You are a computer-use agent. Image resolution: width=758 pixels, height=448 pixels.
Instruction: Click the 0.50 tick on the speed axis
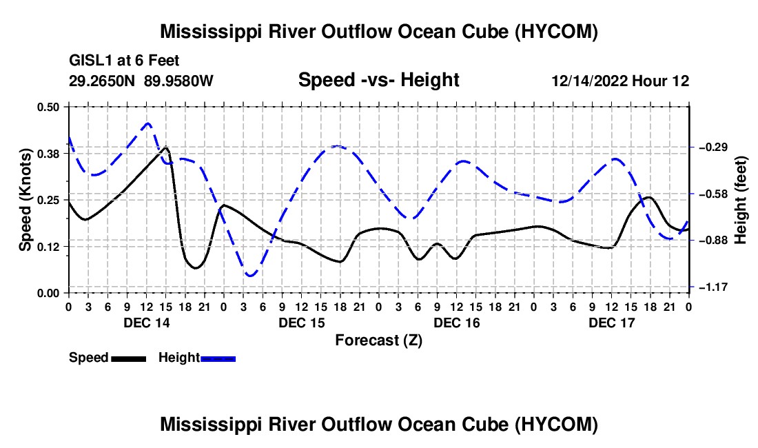click(x=48, y=107)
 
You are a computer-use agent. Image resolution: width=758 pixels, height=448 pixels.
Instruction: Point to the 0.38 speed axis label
click(x=48, y=154)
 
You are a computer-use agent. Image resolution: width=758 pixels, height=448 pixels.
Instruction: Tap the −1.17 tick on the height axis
click(x=713, y=287)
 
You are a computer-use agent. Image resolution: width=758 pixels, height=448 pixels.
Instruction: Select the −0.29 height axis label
click(x=713, y=147)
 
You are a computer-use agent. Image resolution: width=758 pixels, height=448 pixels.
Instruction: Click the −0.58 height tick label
click(x=713, y=194)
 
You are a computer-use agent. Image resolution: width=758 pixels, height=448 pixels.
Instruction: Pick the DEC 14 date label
click(x=147, y=323)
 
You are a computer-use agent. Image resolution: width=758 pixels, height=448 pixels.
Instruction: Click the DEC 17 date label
click(x=611, y=323)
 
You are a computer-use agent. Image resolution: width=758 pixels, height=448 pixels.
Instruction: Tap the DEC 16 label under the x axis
click(x=457, y=323)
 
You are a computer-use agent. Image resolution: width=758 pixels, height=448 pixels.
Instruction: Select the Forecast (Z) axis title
click(x=378, y=340)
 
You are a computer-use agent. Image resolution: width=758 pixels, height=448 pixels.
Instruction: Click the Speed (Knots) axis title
click(x=25, y=200)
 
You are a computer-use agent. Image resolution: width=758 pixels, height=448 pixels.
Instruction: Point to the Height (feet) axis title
click(x=741, y=200)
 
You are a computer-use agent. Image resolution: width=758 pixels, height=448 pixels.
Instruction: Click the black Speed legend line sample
click(x=128, y=358)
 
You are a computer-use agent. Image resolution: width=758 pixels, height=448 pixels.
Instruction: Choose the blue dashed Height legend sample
click(x=218, y=358)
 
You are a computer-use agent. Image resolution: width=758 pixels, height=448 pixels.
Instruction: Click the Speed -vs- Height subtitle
click(x=378, y=80)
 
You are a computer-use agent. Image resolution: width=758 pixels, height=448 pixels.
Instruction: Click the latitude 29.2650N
click(x=102, y=81)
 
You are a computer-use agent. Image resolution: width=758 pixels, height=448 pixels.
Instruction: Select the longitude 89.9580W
click(x=178, y=81)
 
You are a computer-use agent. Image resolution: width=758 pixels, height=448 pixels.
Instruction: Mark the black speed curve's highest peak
click(x=166, y=147)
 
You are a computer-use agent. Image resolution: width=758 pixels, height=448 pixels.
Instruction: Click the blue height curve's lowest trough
click(x=251, y=276)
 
